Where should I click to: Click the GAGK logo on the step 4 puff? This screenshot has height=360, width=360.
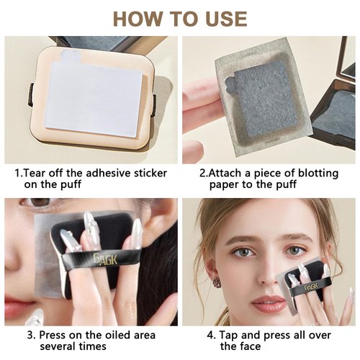[x=311, y=287]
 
